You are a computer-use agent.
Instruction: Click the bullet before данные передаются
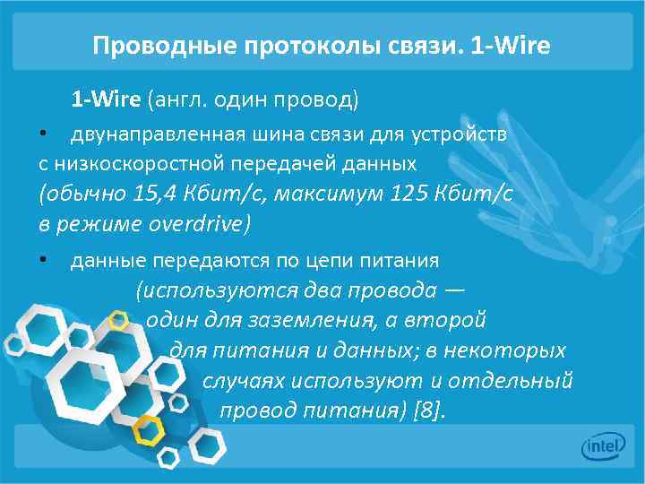(42, 260)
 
